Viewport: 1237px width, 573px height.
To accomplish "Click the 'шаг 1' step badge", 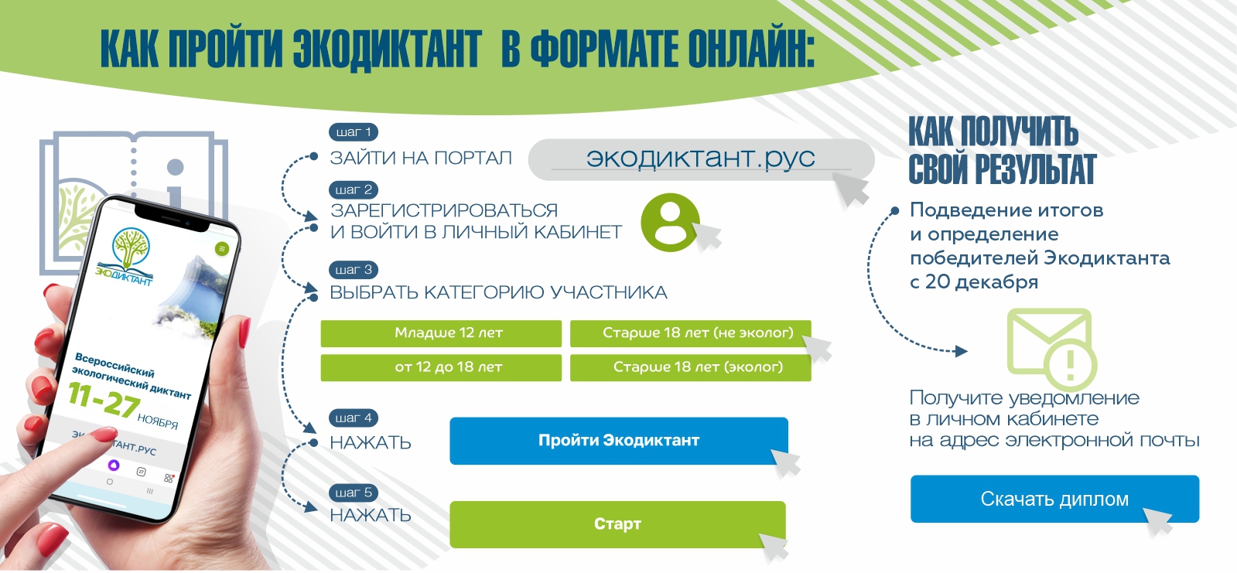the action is pos(354,132).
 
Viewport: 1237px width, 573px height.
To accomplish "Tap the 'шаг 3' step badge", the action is pos(354,270).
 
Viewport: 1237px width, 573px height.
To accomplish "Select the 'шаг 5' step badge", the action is pos(354,493).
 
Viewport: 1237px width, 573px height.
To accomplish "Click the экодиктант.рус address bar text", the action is pos(700,158).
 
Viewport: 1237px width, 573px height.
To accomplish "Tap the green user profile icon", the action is pos(670,222).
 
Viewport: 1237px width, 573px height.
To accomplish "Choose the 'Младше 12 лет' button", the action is pos(441,333).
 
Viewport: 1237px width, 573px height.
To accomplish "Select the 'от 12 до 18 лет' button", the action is pos(441,367).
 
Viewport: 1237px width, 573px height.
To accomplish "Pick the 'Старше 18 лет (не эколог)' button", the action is pos(690,333).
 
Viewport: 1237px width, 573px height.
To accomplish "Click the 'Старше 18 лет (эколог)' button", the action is pos(690,367).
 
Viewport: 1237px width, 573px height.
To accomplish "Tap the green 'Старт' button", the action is pos(617,524).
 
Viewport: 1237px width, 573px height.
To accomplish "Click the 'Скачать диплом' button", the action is pos(1054,499).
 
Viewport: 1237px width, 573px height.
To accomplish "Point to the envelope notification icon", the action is pos(1051,349).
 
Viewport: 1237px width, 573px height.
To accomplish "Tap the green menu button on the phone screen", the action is pos(222,249).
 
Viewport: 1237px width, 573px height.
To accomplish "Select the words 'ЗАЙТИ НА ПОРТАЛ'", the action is pos(421,159).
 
